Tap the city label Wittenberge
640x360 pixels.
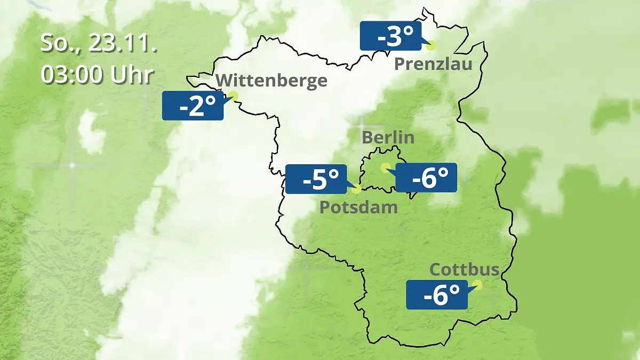[272, 81]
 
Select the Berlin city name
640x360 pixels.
[388, 137]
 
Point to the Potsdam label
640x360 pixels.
[358, 207]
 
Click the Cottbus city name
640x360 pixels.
[465, 269]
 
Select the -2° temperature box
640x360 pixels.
[193, 106]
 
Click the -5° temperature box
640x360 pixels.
[316, 179]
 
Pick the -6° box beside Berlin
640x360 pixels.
[426, 178]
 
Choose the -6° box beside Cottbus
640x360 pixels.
[437, 294]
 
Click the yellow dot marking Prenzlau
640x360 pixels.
[431, 45]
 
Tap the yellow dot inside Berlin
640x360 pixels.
[385, 167]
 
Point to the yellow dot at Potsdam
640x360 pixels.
[356, 189]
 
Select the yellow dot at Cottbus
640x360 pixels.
[477, 285]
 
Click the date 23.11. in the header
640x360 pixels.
[123, 44]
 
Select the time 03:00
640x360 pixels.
[73, 75]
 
